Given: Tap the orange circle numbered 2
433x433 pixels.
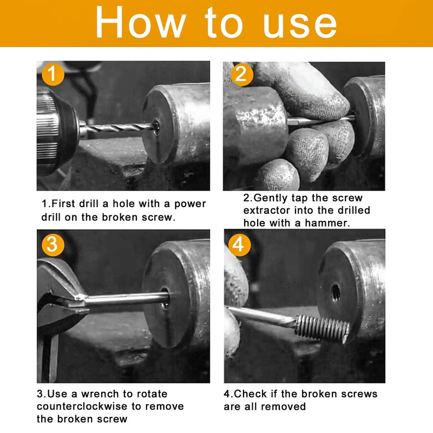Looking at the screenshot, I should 241,74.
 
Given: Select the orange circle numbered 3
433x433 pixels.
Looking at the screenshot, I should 53,244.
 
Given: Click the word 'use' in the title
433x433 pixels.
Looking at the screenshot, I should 299,24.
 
